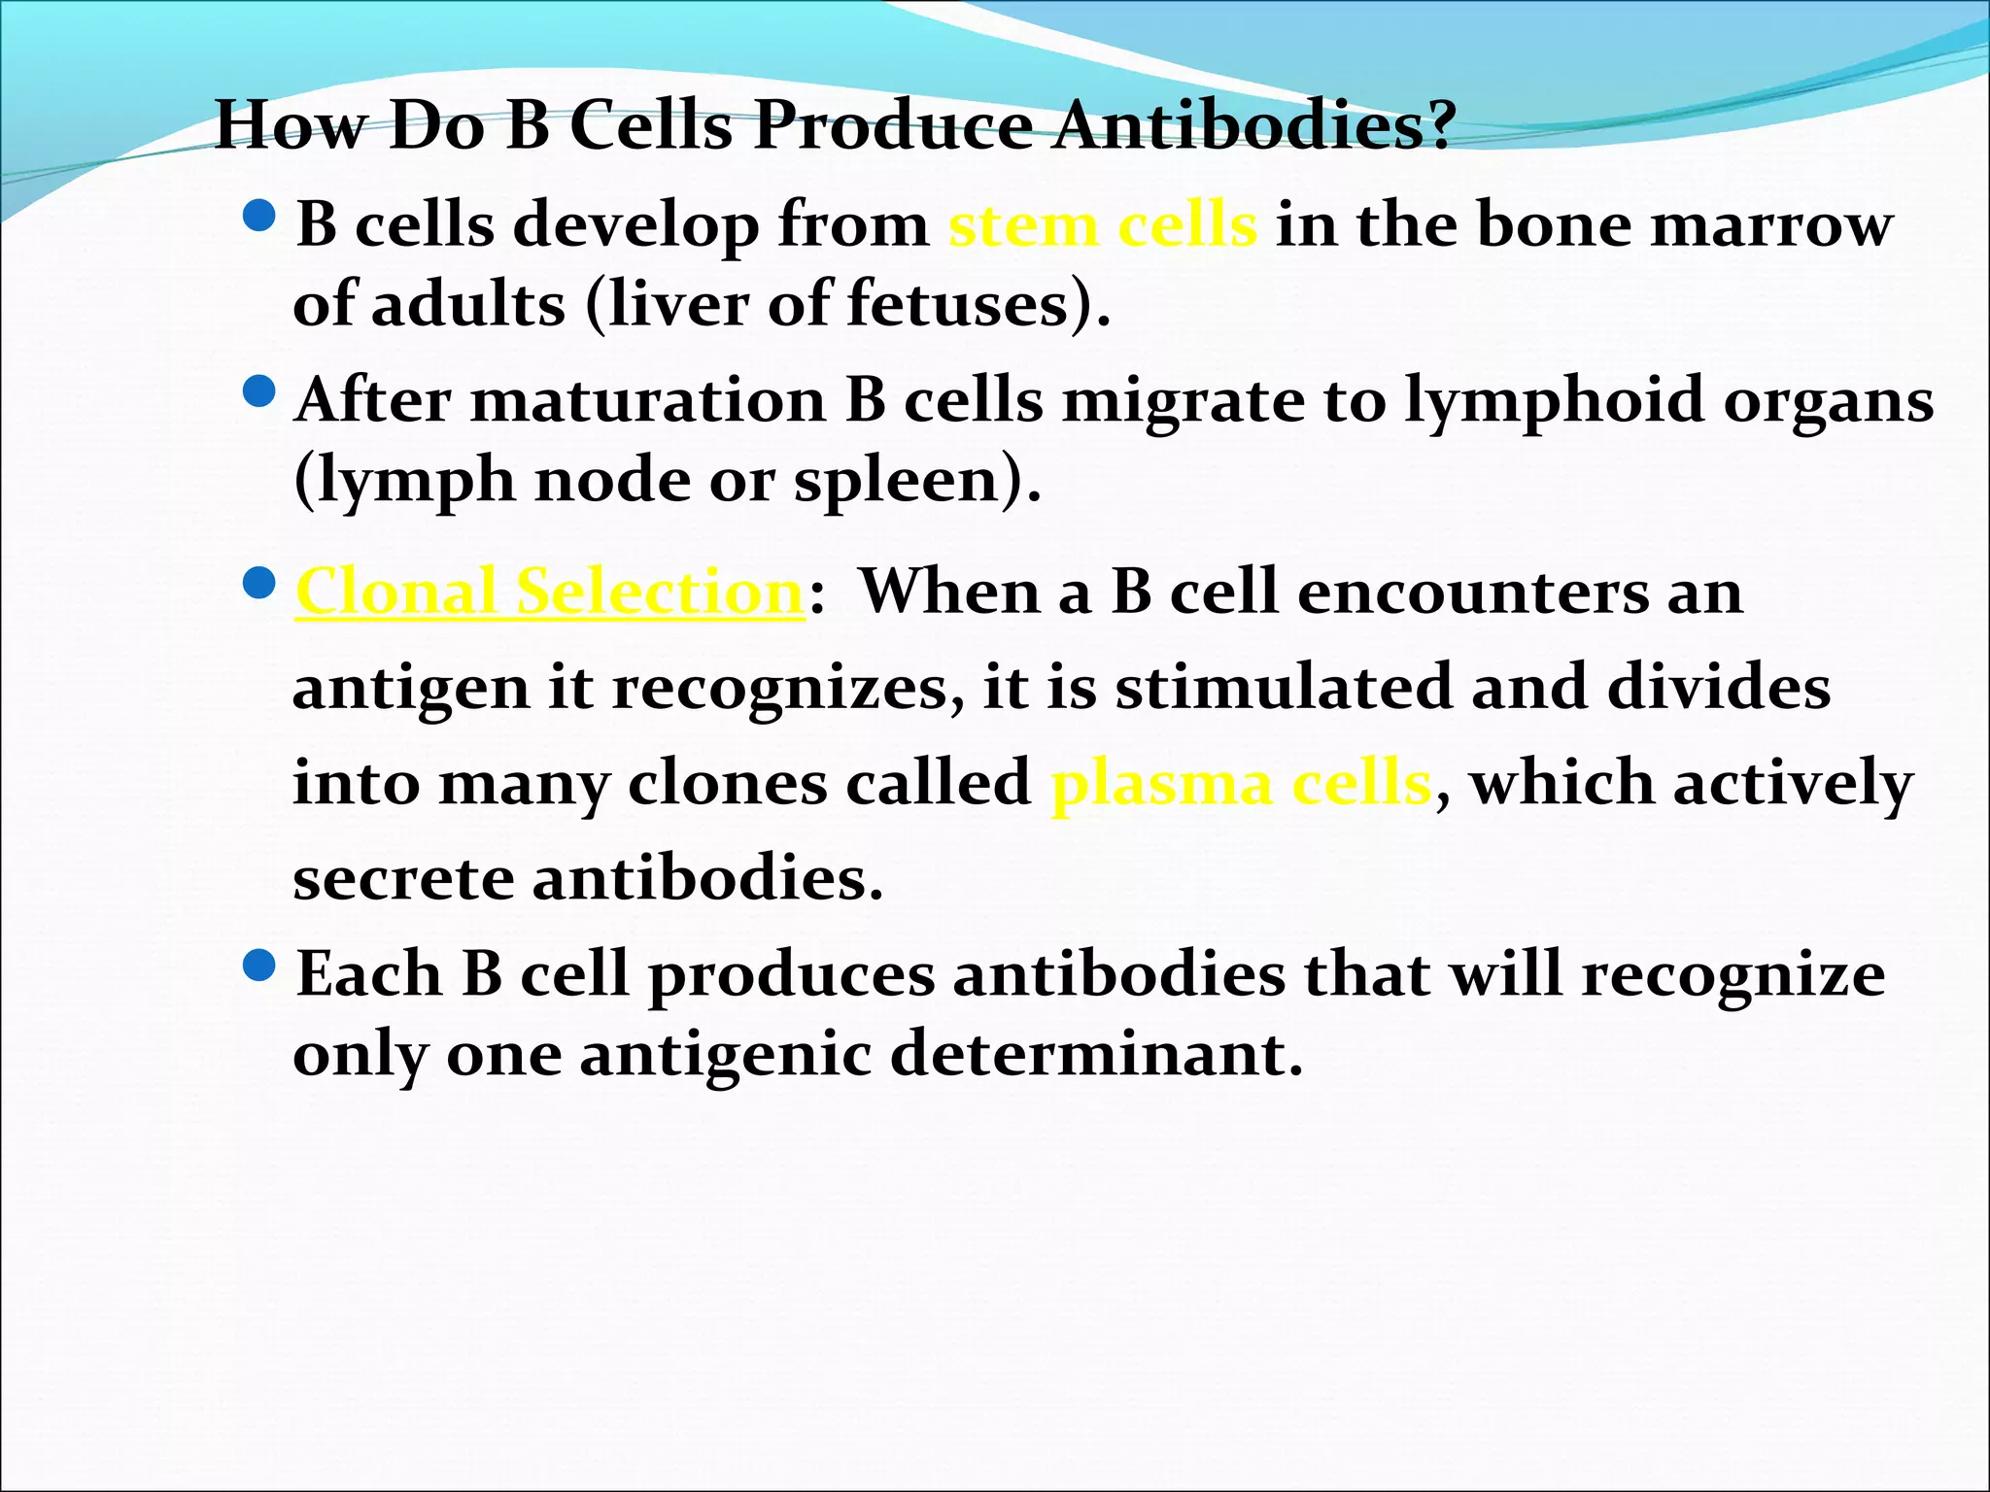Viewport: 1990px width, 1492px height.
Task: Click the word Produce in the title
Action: click(x=893, y=126)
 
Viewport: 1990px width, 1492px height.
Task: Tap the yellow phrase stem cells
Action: click(x=1102, y=225)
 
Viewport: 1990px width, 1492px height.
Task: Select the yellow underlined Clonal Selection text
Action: click(x=550, y=592)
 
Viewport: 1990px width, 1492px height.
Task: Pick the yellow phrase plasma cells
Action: click(x=1241, y=783)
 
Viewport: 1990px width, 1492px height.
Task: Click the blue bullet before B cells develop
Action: click(x=259, y=216)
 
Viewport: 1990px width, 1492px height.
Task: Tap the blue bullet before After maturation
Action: click(x=259, y=392)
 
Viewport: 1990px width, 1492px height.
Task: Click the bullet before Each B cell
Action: click(x=259, y=966)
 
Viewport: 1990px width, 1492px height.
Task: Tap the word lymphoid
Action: click(x=1554, y=402)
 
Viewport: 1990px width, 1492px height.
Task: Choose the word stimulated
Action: click(x=1283, y=688)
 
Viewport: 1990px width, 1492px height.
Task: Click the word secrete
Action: click(x=403, y=878)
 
